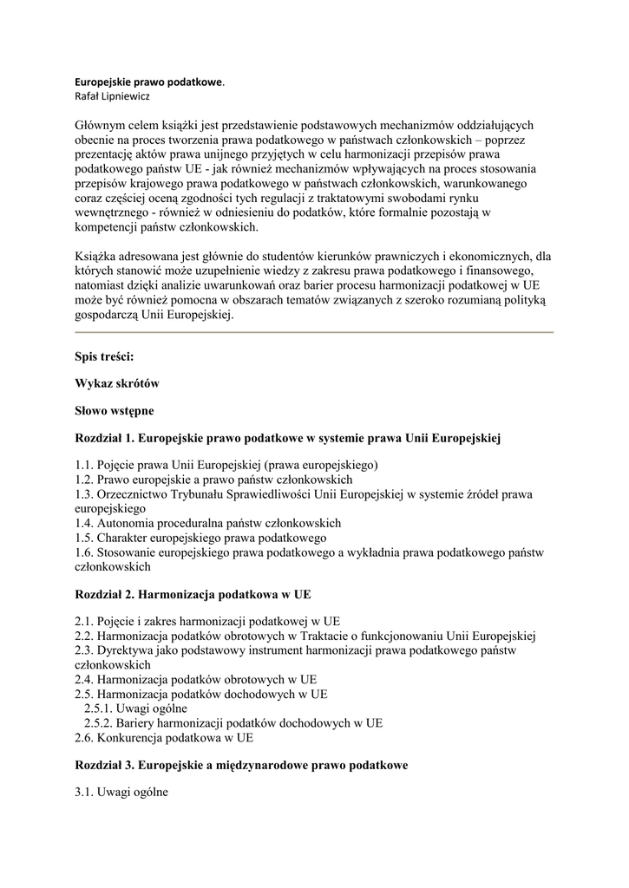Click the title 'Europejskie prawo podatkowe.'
[x=149, y=82]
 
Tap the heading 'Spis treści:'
[x=105, y=356]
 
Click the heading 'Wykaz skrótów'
[x=117, y=382]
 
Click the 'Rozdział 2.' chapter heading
[x=193, y=595]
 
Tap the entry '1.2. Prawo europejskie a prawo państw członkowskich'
[x=213, y=479]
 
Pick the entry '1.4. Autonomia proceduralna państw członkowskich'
[x=208, y=523]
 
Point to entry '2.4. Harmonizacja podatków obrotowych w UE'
[x=196, y=680]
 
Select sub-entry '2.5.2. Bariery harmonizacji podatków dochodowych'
[x=233, y=723]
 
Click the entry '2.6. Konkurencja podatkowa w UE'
[x=165, y=738]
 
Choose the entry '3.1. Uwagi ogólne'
[x=121, y=792]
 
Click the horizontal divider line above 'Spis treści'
[x=314, y=332]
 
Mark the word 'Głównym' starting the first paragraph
[x=102, y=125]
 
